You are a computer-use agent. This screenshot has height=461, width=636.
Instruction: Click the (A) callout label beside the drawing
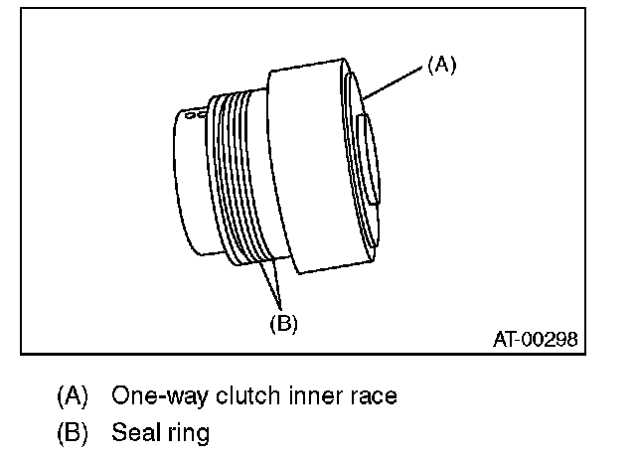tap(441, 65)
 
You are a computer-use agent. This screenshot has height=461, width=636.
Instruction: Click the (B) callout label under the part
tap(283, 322)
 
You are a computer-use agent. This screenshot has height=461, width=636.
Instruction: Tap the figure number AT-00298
tap(535, 339)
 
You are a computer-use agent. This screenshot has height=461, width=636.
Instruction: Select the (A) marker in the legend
tap(74, 396)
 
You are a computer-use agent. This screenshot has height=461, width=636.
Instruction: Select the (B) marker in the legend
tap(74, 433)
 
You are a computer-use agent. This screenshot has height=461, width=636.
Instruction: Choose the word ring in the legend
tap(189, 434)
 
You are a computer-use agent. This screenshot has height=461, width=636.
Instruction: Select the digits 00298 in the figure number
tap(549, 339)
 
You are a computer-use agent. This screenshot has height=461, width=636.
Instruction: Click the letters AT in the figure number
tap(504, 339)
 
